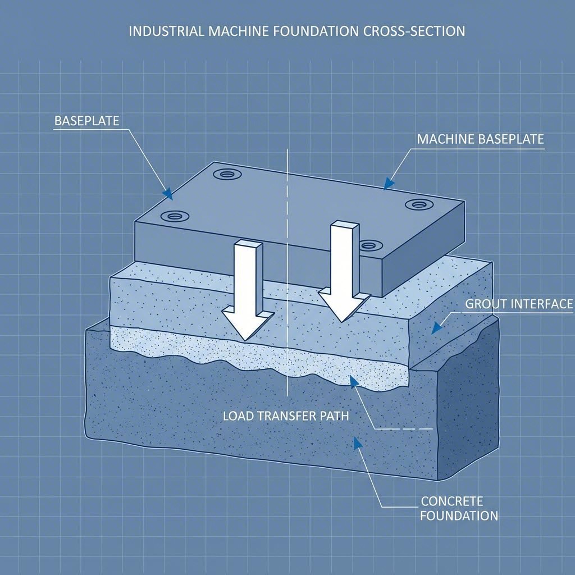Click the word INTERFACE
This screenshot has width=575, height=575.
[x=545, y=304]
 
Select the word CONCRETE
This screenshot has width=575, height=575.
[x=451, y=501]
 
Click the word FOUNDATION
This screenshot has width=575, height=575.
[x=459, y=515]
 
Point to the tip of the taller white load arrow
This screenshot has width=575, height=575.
[x=341, y=321]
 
